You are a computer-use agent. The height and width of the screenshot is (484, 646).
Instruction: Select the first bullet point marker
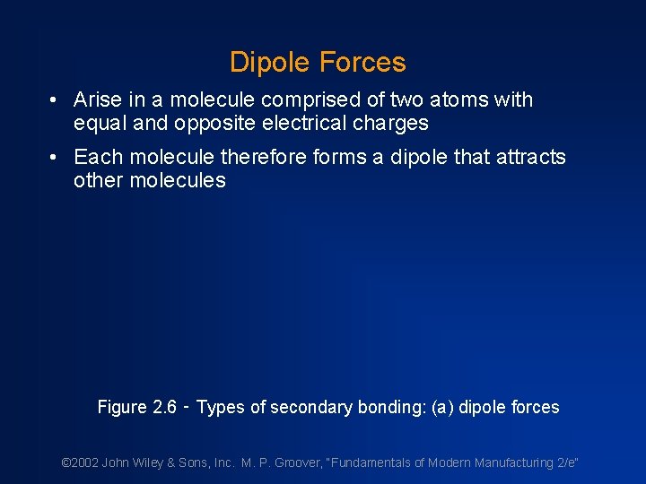[x=55, y=100]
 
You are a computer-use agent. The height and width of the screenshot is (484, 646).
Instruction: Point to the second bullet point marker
[x=55, y=158]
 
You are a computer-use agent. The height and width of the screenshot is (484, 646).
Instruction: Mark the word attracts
[x=529, y=158]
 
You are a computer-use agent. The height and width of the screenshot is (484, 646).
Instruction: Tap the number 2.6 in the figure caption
[x=164, y=408]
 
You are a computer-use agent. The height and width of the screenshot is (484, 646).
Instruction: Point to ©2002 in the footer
[x=80, y=463]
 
